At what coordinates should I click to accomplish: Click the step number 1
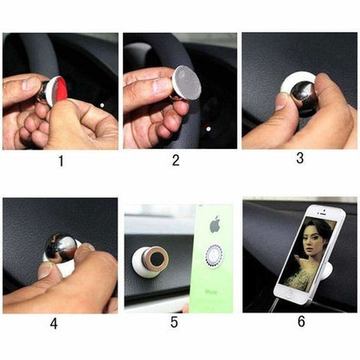click(x=60, y=161)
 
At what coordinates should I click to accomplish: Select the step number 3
click(x=299, y=158)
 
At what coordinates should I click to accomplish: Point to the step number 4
click(x=54, y=325)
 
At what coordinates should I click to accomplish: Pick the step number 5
click(x=175, y=323)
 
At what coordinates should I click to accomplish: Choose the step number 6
click(x=301, y=321)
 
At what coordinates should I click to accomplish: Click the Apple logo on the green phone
click(x=215, y=227)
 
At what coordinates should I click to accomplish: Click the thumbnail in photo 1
click(x=27, y=87)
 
